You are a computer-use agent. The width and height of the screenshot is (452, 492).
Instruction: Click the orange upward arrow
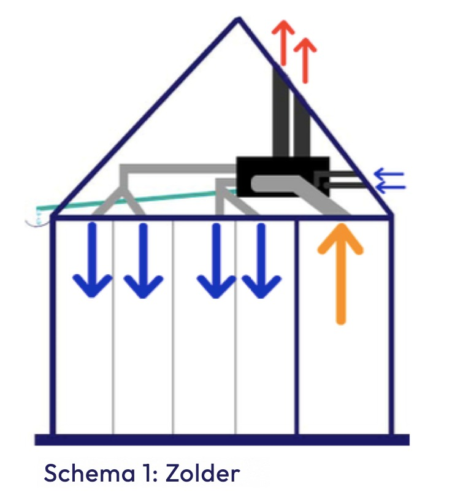pos(340,274)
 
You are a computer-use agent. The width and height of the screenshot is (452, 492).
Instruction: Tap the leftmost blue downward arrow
pos(92,260)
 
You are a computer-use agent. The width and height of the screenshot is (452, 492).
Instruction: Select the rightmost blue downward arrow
pos(261,261)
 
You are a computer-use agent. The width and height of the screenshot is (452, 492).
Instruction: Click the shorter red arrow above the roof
pos(305,61)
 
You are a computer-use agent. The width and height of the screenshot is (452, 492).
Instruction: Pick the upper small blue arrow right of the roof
pos(389,174)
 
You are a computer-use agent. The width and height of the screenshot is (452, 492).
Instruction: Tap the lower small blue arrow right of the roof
pos(390,187)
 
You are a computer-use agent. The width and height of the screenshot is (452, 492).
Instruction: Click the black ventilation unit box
pos(282,176)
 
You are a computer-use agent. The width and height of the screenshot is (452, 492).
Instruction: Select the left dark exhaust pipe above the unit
pos(280,112)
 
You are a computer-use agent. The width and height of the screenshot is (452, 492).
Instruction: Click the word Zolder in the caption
pos(202,473)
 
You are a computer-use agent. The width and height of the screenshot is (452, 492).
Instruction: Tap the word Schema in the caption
pos(90,473)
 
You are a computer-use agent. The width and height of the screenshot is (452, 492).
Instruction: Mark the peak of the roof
pos(238,18)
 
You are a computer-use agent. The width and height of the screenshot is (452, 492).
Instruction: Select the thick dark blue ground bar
pos(222,440)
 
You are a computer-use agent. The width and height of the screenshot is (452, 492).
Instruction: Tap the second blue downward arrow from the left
pos(144,261)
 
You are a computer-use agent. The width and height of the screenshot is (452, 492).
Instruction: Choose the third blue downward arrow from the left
pos(216,261)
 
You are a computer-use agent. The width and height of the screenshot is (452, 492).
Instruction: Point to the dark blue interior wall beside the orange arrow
pos(296,326)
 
